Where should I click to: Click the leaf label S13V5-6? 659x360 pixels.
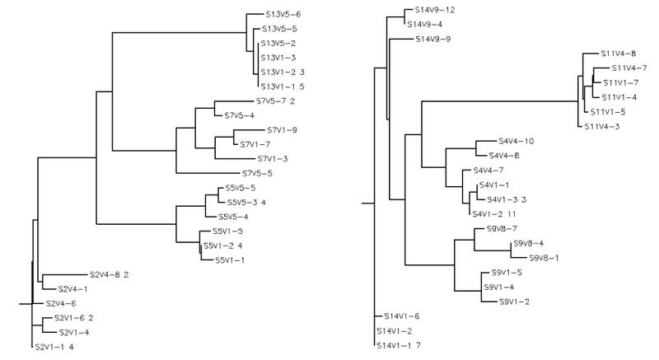(283, 14)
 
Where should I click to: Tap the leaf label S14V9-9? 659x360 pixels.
(432, 39)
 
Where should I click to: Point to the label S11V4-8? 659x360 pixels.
(612, 54)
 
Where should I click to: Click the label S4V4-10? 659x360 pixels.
(516, 141)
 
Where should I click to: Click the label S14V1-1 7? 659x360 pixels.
(399, 345)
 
